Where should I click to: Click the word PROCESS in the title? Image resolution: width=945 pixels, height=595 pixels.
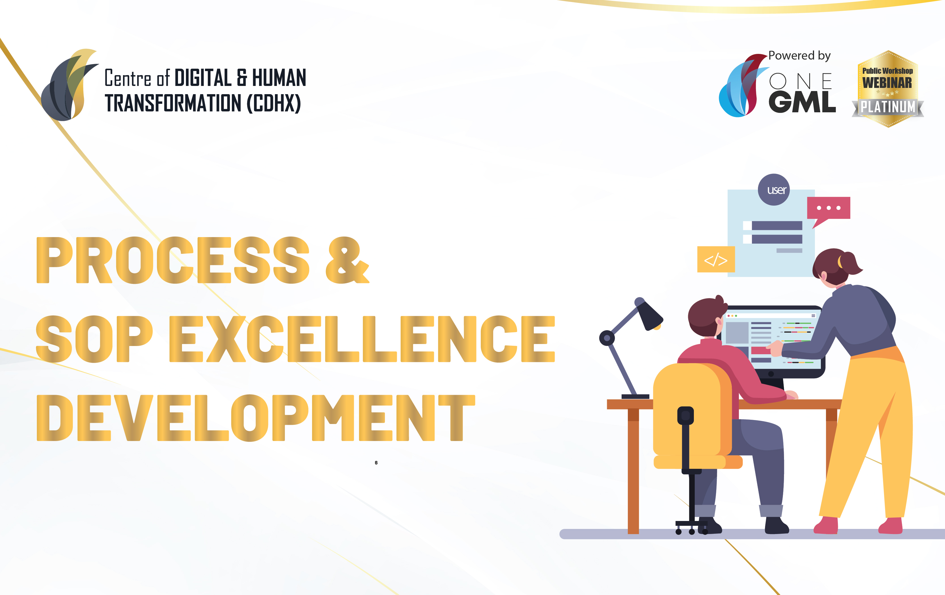coord(173,260)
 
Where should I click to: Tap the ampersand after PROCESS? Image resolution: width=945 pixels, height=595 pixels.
coord(347,260)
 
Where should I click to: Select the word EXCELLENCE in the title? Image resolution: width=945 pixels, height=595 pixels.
coord(362,339)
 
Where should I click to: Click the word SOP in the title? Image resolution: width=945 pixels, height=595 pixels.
coord(94,339)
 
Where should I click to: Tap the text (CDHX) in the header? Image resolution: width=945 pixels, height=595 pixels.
coord(274,103)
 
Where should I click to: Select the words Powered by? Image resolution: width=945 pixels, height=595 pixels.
coord(799,56)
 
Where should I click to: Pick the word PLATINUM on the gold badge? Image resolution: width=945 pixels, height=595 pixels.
coord(888,107)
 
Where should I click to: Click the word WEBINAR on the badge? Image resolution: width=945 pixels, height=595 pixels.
coord(887,83)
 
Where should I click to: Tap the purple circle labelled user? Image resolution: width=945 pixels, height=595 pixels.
coord(774,190)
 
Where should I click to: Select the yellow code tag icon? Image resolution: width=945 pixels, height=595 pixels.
coord(716,259)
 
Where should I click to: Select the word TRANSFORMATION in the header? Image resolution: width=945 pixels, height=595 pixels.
coord(173,103)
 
